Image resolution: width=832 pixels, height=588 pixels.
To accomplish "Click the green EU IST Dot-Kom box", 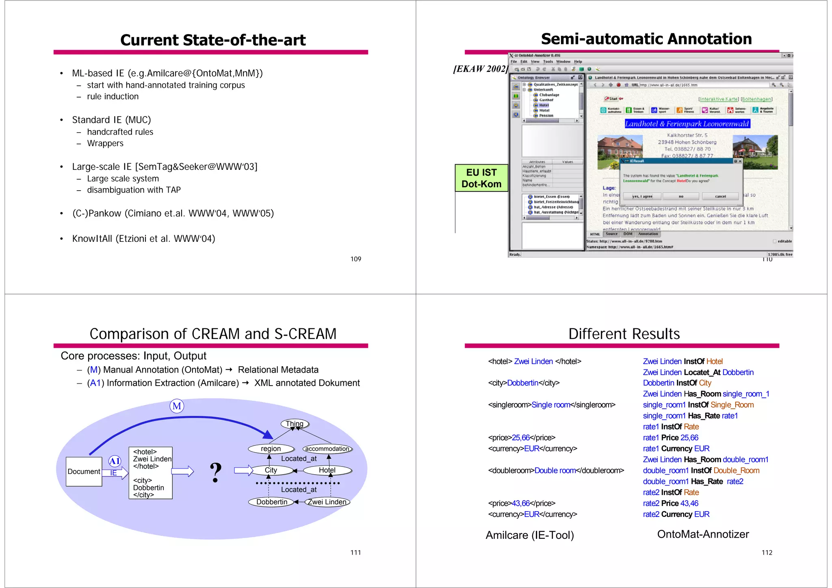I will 481,178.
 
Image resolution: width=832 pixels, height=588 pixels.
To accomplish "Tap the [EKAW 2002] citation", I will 481,69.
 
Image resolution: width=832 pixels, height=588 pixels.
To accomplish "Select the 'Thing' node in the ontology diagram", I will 295,424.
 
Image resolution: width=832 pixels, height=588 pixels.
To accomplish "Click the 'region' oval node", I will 271,449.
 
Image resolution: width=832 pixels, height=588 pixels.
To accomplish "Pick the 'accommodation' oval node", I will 327,449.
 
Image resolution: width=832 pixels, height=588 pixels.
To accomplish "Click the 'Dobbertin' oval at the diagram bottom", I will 271,502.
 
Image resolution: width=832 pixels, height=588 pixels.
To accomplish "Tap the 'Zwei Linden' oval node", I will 327,502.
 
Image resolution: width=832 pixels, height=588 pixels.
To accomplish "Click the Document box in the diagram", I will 84,471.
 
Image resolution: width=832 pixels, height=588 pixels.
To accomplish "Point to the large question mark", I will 216,473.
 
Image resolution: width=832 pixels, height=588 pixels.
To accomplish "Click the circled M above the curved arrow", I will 177,406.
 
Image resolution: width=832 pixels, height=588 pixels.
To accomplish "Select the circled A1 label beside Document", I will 115,461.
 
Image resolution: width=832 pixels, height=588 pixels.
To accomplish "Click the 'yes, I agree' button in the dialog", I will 642,196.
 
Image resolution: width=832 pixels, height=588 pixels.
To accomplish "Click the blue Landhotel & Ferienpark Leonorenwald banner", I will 687,124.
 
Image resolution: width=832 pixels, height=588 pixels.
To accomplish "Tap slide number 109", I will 355,259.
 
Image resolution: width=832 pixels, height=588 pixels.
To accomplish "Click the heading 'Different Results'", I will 624,334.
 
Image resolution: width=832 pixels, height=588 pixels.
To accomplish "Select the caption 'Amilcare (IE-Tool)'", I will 530,535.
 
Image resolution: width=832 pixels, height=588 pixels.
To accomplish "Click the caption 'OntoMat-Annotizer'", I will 703,534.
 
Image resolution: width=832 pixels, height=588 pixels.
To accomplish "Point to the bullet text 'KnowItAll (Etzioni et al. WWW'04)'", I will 143,239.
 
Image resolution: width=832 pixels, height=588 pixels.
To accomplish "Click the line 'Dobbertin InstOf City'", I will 677,383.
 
